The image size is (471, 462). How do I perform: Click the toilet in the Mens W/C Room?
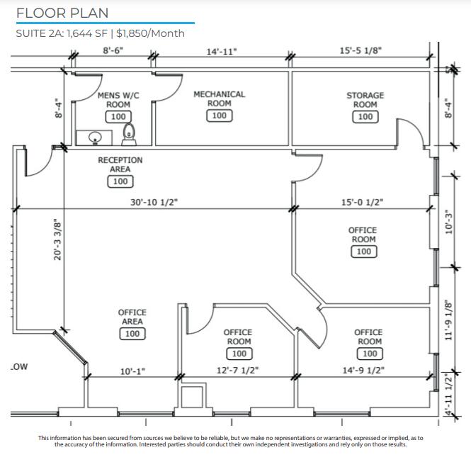coord(129,135)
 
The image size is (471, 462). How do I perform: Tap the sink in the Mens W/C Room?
coord(95,137)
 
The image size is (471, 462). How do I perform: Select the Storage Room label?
coord(365,100)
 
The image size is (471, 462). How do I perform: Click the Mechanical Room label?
coord(220,98)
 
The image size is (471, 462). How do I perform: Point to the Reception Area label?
coord(120,164)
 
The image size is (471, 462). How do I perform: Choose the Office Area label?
coord(132,317)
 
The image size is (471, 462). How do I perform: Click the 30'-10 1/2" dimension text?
coord(154,202)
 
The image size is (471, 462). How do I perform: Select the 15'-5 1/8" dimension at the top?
coord(361,50)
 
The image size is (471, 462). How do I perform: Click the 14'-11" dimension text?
coord(222,52)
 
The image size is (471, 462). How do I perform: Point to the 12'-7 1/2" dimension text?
coord(237,370)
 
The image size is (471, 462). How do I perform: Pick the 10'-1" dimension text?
coord(132,371)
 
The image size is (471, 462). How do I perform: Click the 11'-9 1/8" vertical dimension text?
coord(448,320)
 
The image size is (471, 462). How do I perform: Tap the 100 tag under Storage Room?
coord(365,117)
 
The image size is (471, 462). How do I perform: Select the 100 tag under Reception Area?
coord(120,181)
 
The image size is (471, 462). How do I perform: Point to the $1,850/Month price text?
coord(150,33)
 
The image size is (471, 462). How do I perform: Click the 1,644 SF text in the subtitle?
coord(87,33)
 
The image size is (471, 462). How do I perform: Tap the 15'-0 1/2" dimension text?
coord(362,202)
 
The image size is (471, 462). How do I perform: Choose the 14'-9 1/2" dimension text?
coord(363,370)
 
